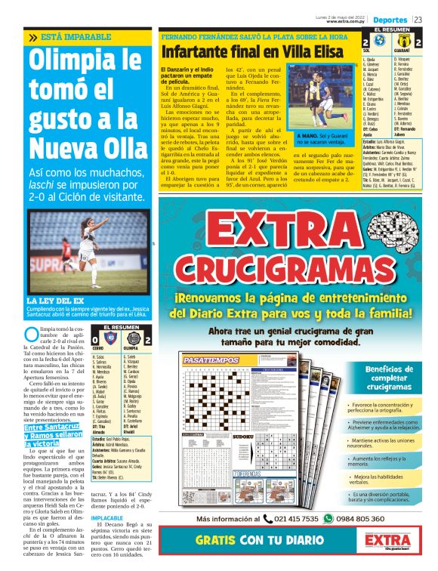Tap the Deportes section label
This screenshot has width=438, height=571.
point(390,18)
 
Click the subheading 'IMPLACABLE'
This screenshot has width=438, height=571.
point(106,519)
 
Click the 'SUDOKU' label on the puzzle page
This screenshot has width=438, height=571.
point(243,437)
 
